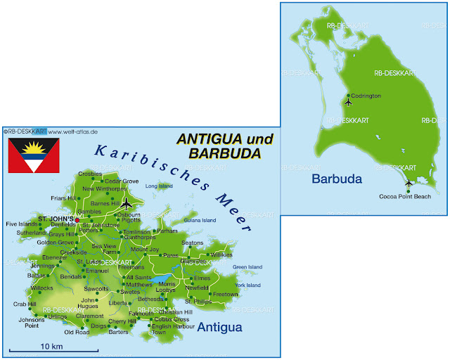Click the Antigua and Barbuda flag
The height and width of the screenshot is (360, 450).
pyautogui.click(x=34, y=155)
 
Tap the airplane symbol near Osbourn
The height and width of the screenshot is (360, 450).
pyautogui.click(x=127, y=204)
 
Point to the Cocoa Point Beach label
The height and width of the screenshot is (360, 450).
pyautogui.click(x=405, y=196)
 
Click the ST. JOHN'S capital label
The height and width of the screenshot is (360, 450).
pyautogui.click(x=55, y=219)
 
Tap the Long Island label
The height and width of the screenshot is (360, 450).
pyautogui.click(x=159, y=186)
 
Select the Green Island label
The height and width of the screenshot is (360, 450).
pyautogui.click(x=247, y=266)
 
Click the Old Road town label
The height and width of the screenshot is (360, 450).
pyautogui.click(x=77, y=332)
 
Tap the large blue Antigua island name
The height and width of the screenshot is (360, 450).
pyautogui.click(x=219, y=328)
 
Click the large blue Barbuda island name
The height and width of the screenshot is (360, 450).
pyautogui.click(x=336, y=179)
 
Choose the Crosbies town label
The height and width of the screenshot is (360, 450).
pyautogui.click(x=90, y=173)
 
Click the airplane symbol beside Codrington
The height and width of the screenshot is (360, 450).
pyautogui.click(x=348, y=102)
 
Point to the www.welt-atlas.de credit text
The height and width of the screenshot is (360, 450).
pyautogui.click(x=73, y=131)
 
